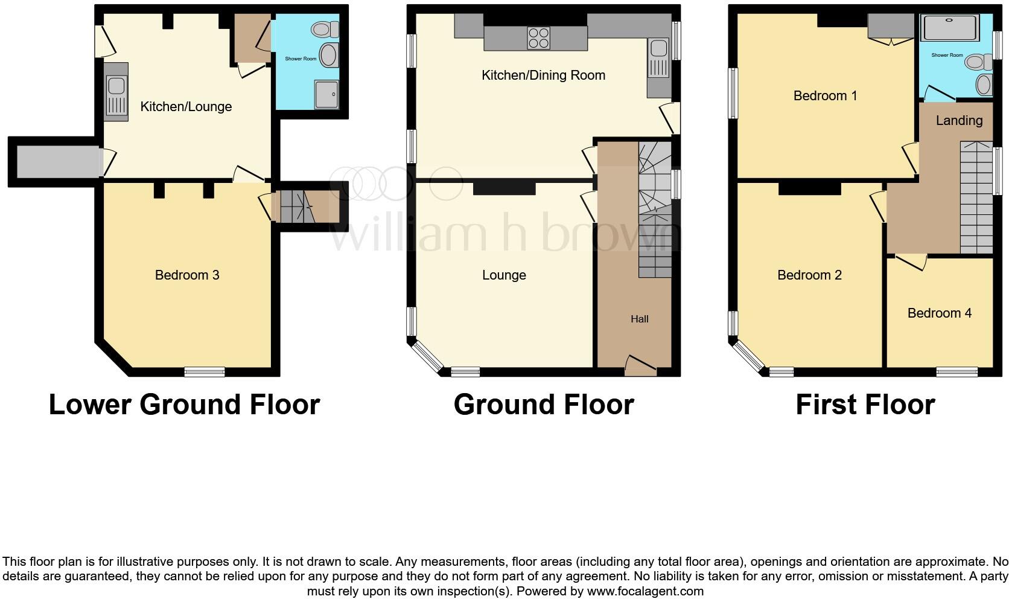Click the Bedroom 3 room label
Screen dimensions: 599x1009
point(187,275)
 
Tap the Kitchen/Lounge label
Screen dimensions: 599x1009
point(186,107)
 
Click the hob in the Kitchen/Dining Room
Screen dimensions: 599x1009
point(538,38)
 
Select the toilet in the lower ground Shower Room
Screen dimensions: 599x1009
point(326,29)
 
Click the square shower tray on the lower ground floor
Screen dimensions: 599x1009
point(326,95)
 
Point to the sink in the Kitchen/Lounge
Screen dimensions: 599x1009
point(116,95)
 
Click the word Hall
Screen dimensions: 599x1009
point(640,319)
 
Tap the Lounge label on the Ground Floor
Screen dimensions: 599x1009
point(504,275)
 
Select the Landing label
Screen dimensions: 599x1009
point(959,120)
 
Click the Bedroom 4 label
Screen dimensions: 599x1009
point(939,313)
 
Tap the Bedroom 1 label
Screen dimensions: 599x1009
point(825,95)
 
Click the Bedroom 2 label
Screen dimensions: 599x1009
point(809,275)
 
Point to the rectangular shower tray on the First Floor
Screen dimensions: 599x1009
point(950,27)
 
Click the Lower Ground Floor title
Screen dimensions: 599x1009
point(184,405)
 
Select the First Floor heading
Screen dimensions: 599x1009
point(865,405)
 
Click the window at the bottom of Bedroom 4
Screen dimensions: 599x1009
point(956,372)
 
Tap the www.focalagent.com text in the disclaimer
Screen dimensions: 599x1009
point(645,591)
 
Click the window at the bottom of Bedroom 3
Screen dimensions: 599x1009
point(204,372)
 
